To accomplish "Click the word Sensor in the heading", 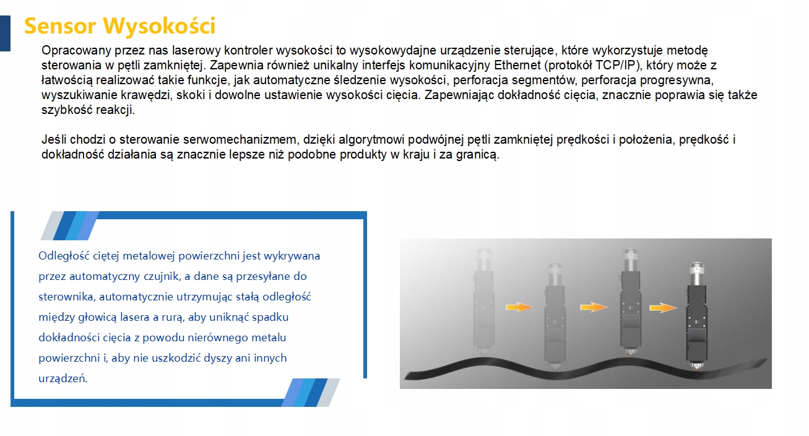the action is tap(60, 26).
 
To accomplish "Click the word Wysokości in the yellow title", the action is tap(159, 25).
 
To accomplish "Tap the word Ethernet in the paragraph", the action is tap(517, 66).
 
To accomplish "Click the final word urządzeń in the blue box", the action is tap(63, 378).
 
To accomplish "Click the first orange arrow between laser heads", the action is tap(519, 307).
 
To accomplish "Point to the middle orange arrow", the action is tap(594, 307).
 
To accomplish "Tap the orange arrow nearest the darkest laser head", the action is tap(663, 308).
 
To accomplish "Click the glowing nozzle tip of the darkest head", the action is tap(697, 367).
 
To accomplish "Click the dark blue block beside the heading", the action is tap(5, 33).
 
